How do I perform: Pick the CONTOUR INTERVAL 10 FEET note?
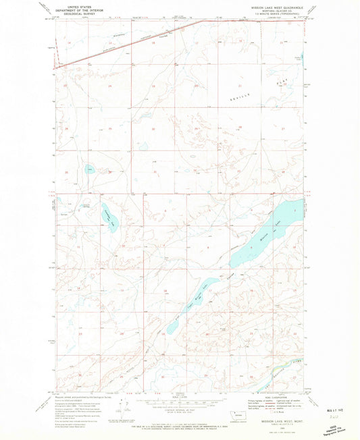177,413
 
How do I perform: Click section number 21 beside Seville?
240,86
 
